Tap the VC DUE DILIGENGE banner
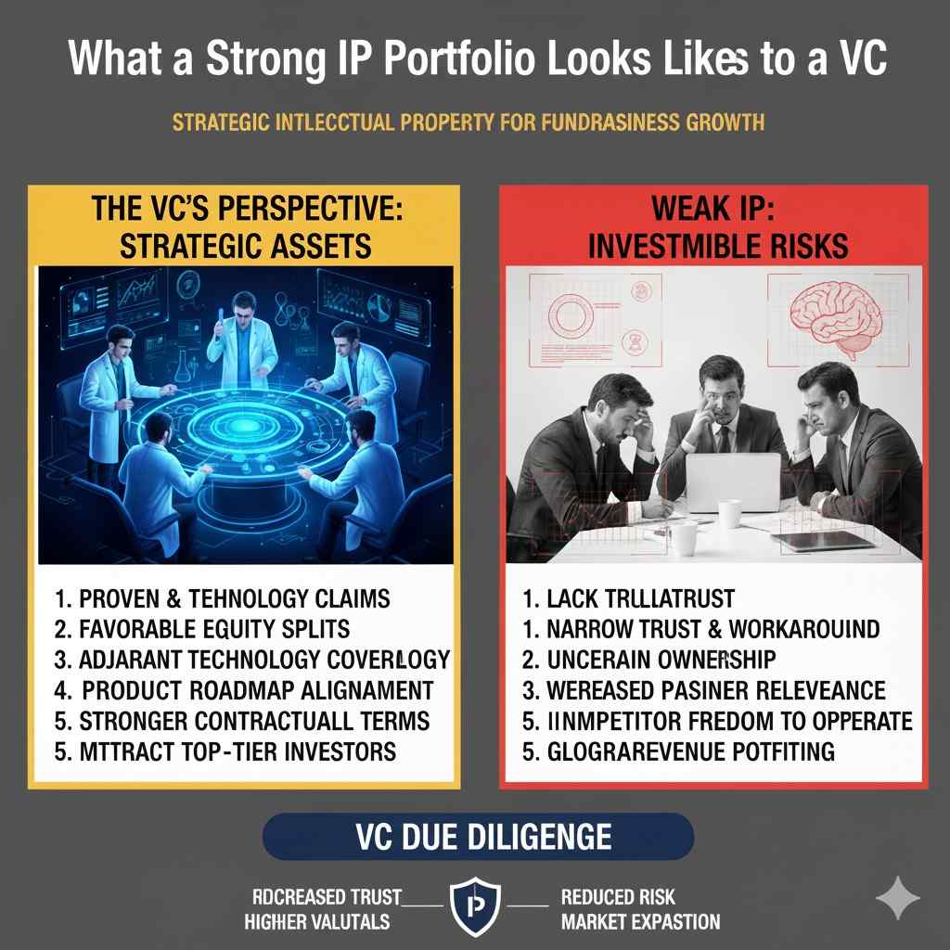tap(478, 837)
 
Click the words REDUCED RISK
tap(619, 897)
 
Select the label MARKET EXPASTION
tap(640, 921)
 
